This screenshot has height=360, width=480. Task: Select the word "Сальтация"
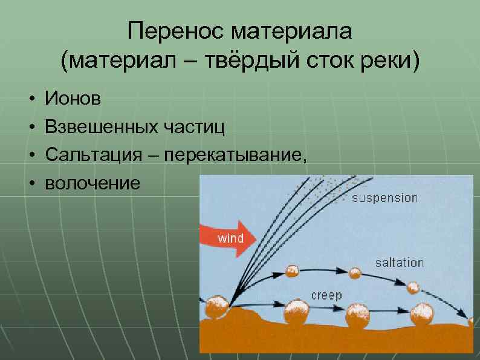[95, 155]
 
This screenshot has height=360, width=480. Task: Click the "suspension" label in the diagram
[384, 198]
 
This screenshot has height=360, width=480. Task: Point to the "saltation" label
[399, 263]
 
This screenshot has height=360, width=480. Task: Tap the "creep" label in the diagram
[326, 295]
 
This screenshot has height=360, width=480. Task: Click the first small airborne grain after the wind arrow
[293, 270]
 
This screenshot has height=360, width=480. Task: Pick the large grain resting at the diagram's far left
[216, 306]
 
